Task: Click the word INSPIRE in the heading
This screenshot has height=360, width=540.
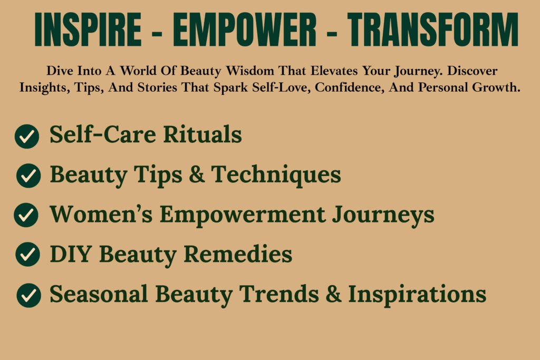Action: [x=88, y=30]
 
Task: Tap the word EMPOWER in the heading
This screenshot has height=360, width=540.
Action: [x=245, y=30]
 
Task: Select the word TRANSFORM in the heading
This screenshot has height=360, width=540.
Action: [x=433, y=30]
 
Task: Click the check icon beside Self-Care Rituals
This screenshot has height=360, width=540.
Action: [x=27, y=137]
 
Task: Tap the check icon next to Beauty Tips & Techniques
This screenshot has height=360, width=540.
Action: [x=28, y=176]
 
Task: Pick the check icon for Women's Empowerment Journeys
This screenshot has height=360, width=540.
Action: [x=26, y=215]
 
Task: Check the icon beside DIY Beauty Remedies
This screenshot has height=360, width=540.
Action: [x=27, y=254]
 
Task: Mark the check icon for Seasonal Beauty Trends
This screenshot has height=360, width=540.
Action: [x=28, y=295]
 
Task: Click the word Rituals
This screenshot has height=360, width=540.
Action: [x=202, y=134]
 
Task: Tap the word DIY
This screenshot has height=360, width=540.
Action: [x=71, y=254]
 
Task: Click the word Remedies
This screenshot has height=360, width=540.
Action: [x=238, y=254]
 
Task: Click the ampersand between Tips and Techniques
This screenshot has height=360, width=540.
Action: [x=197, y=174]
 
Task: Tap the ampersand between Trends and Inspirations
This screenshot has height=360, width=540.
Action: [x=333, y=294]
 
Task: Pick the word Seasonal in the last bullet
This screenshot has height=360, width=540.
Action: [x=99, y=294]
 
